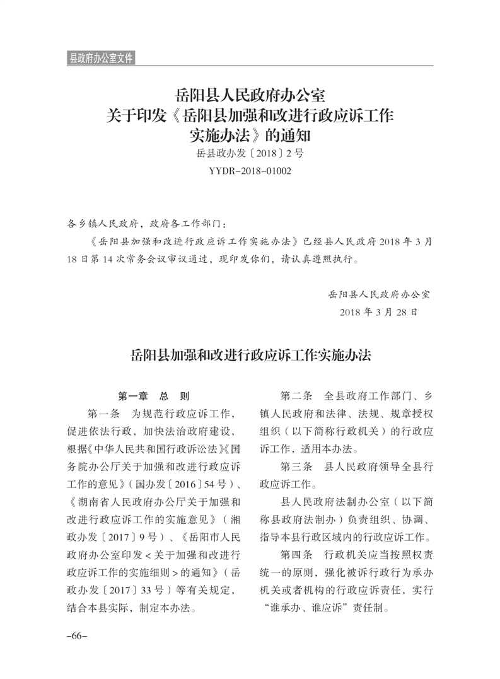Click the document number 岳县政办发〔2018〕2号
250,153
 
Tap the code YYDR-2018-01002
250,171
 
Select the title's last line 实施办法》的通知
250,134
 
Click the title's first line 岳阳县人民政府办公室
250,96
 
